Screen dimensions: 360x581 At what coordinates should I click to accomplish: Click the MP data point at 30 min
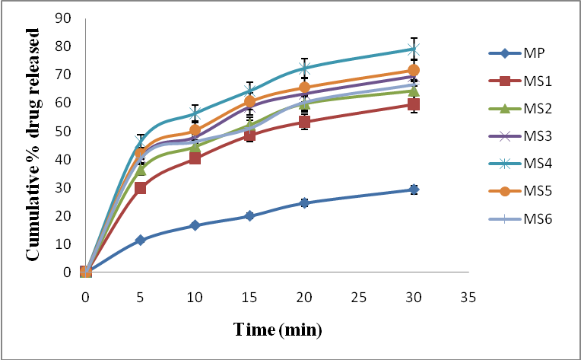[414, 190]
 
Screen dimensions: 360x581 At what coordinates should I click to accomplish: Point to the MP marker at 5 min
[140, 240]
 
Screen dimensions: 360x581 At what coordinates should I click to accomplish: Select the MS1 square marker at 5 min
[140, 188]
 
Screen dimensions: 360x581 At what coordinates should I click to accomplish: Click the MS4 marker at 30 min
[414, 49]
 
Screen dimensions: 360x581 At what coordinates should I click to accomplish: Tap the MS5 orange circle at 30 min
[414, 70]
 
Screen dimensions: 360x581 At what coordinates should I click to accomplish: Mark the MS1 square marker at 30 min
[414, 104]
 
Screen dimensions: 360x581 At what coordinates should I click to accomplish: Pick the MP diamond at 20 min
[304, 202]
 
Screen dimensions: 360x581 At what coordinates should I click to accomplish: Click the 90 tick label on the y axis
[68, 18]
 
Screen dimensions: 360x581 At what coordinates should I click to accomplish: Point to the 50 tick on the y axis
[68, 131]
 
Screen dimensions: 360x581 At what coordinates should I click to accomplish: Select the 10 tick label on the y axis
[68, 244]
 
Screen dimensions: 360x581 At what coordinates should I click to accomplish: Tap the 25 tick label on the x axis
[359, 296]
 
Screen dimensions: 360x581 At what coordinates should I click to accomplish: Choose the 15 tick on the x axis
[249, 296]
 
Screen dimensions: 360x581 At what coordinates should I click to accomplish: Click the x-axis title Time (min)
[278, 330]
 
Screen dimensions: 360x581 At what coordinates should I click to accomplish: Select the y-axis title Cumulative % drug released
[34, 145]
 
